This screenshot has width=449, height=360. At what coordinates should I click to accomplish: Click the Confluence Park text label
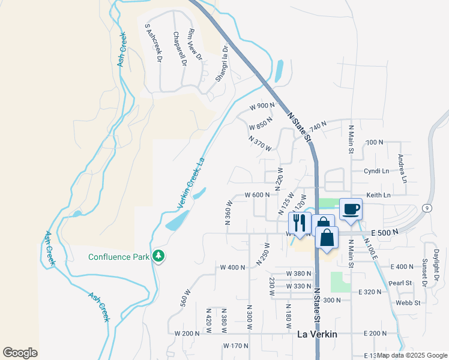118,257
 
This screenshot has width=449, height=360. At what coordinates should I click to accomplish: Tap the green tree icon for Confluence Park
158,256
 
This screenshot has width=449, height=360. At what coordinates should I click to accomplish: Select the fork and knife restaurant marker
300,223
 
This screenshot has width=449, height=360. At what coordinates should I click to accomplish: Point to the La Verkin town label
318,334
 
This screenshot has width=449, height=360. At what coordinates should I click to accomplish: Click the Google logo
20,352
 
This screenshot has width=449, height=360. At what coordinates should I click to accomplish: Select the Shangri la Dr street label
222,63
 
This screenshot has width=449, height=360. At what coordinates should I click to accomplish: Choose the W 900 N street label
262,106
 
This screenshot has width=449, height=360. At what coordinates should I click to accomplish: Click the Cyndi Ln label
376,171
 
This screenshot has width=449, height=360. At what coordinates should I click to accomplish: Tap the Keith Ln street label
378,195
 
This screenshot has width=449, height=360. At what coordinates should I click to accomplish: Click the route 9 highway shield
425,208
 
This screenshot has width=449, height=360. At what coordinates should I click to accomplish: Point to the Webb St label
408,303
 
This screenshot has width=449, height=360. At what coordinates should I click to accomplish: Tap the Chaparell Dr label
180,48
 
